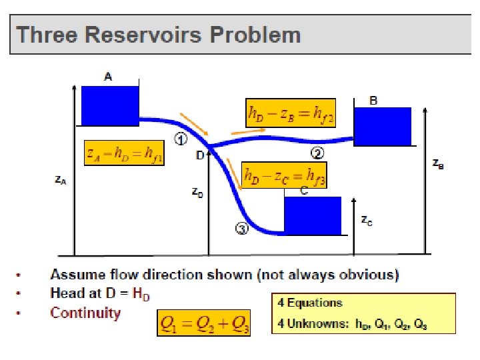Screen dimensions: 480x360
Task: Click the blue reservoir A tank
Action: pyautogui.click(x=110, y=105)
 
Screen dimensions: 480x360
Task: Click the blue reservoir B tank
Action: pyautogui.click(x=382, y=126)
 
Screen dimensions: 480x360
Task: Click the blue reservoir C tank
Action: pyautogui.click(x=313, y=215)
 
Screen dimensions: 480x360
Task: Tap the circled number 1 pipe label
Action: pyautogui.click(x=180, y=139)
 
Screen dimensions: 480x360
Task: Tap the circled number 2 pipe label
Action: pyautogui.click(x=318, y=153)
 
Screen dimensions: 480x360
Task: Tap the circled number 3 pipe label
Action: pyautogui.click(x=241, y=229)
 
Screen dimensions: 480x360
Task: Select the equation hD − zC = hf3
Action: pyautogui.click(x=284, y=175)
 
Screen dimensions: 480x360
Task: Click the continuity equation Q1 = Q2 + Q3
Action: pyautogui.click(x=204, y=323)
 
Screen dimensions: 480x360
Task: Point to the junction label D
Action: pyautogui.click(x=200, y=156)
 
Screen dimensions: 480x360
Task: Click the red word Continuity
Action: pyautogui.click(x=85, y=313)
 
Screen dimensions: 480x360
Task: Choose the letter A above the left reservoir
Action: pyautogui.click(x=108, y=77)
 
